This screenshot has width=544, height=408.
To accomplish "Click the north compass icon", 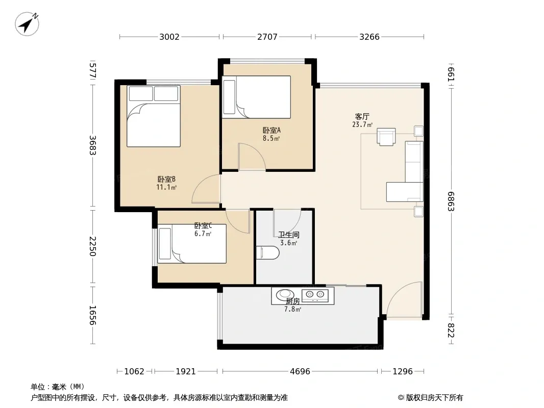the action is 27,24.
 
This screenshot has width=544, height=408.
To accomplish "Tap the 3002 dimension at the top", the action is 169,37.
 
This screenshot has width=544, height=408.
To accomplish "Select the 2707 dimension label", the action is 267,37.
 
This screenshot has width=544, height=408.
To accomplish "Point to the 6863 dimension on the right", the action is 451,201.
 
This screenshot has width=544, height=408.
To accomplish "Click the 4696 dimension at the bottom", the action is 300,372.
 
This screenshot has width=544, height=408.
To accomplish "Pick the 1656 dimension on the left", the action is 93,315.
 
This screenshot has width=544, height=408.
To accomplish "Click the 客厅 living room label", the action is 362,116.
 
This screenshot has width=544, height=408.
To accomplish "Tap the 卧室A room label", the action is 271,131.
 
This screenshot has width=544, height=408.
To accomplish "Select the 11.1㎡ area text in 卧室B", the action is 166,188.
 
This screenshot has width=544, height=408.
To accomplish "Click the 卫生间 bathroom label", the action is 289,235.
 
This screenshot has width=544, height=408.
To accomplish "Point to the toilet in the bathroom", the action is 267,252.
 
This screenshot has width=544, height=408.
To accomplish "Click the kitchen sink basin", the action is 285,295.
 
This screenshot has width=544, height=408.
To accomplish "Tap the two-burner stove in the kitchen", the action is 315,295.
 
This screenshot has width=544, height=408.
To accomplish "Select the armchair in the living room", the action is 386,137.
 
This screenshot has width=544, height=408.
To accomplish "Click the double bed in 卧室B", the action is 153,116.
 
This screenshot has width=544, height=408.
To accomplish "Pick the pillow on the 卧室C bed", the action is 165,244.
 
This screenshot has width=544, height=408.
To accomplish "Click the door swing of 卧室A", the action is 252,157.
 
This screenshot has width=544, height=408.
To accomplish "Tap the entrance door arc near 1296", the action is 404,300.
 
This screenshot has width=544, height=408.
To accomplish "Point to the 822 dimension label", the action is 451,330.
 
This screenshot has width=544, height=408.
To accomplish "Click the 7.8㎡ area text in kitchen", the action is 292,309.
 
